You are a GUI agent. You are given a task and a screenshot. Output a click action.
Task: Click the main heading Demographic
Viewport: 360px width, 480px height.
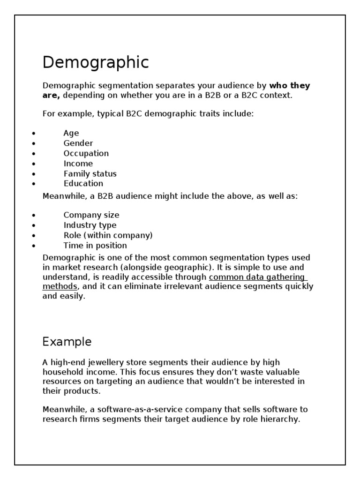pos(96,62)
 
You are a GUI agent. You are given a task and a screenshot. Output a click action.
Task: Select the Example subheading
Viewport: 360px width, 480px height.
pos(67,342)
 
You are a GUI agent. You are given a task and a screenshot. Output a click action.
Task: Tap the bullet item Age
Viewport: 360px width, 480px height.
pos(71,133)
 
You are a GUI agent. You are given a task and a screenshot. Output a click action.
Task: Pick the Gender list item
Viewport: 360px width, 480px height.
pos(78,143)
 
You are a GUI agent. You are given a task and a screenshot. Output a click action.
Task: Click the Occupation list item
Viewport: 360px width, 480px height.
pos(86,153)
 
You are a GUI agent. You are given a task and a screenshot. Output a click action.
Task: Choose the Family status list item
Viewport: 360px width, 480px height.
pos(90,173)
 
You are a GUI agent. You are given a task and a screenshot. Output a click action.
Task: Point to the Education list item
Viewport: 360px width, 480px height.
pos(83,183)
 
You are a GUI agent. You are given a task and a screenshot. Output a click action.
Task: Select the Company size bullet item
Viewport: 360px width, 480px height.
pos(91,215)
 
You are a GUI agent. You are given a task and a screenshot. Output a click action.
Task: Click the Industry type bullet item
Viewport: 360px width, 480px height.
pos(90,225)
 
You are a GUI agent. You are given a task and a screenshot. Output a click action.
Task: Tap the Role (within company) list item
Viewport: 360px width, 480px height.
pos(108,235)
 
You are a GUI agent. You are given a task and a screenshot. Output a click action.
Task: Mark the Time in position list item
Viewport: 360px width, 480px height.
pos(95,245)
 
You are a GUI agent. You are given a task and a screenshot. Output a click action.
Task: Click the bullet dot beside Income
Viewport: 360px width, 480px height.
pos(34,164)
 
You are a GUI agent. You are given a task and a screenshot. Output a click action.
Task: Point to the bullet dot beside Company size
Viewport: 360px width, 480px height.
pos(34,216)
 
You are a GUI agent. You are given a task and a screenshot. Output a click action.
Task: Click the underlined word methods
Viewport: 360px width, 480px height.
pos(60,286)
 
